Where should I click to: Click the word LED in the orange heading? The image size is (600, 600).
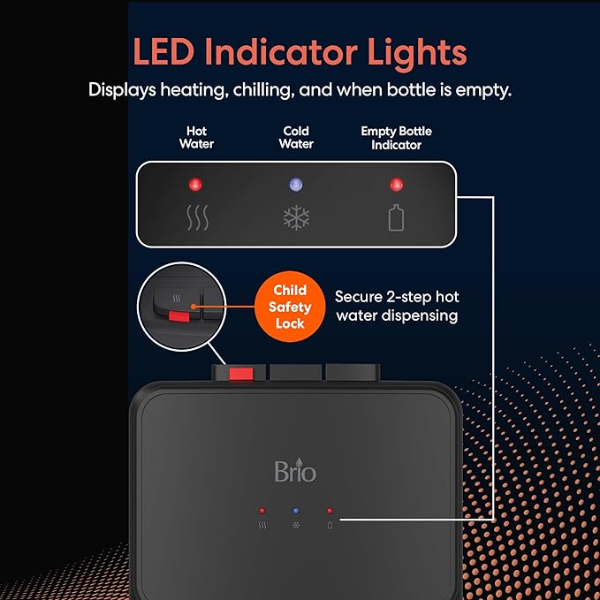pos(163,51)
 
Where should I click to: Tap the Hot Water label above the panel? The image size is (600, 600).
pos(197,137)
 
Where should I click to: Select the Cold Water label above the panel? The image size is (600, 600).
pos(296,137)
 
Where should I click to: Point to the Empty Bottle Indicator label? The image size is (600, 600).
pos(397,138)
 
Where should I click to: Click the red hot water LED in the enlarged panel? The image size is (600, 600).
pos(195,184)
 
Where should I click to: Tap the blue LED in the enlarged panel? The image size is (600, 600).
pos(296,184)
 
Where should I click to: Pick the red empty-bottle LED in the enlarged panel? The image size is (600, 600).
pos(397,184)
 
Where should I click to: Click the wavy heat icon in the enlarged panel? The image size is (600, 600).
pos(197,217)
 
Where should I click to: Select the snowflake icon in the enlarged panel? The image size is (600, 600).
pos(296,217)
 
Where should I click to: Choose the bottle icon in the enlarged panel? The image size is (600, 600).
pos(397,217)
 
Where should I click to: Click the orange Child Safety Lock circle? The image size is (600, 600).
pos(290,307)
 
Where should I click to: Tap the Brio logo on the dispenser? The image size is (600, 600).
pos(295,470)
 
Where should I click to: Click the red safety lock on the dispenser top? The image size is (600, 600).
pos(241,374)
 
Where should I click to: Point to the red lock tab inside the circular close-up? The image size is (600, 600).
pos(179,316)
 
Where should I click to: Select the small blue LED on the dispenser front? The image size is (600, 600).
pos(296,511)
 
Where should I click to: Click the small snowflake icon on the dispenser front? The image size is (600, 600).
pos(296,525)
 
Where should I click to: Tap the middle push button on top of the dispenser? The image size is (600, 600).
pos(296,372)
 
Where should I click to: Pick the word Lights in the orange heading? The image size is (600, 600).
pos(417,52)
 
